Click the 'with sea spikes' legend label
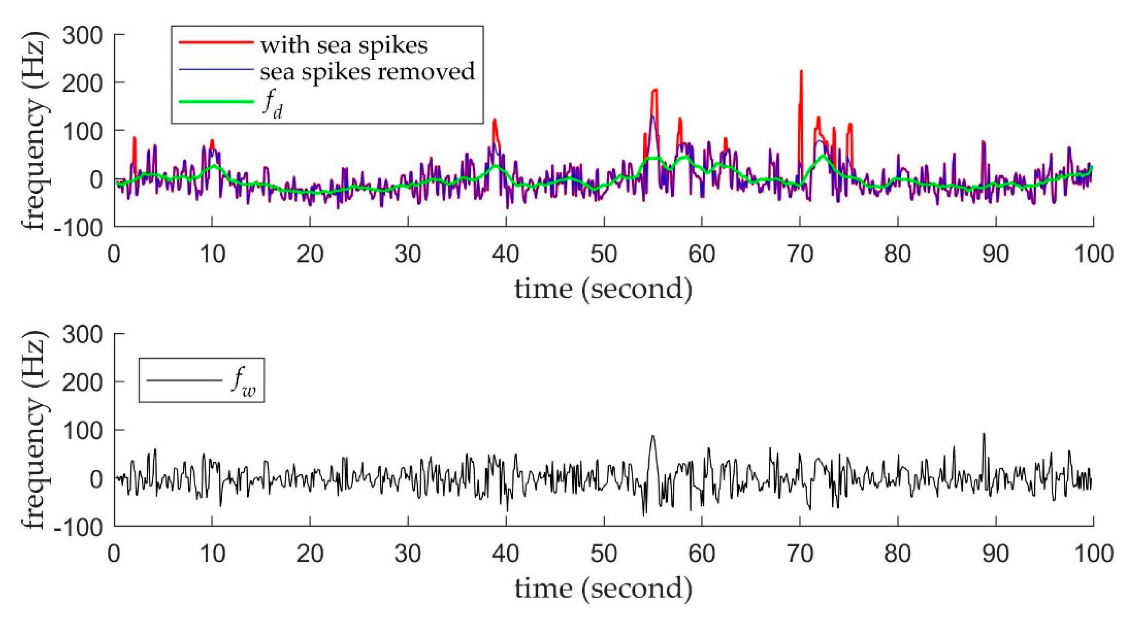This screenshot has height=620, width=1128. (x=344, y=45)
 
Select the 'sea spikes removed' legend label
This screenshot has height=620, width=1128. (x=367, y=71)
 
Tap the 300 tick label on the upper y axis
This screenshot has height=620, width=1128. (x=82, y=35)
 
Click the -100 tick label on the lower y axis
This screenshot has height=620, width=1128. (x=79, y=526)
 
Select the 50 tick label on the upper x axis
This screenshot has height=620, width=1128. (x=604, y=254)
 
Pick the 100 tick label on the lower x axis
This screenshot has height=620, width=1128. (x=1093, y=554)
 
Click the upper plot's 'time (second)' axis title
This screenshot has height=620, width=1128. (x=603, y=289)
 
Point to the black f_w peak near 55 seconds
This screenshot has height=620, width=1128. (x=653, y=436)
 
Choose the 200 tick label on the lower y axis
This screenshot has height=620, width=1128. (x=82, y=382)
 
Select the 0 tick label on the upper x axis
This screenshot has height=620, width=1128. (x=114, y=254)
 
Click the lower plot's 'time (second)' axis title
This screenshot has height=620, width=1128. (x=603, y=589)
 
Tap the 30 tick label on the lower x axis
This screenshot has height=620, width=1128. (x=408, y=554)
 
